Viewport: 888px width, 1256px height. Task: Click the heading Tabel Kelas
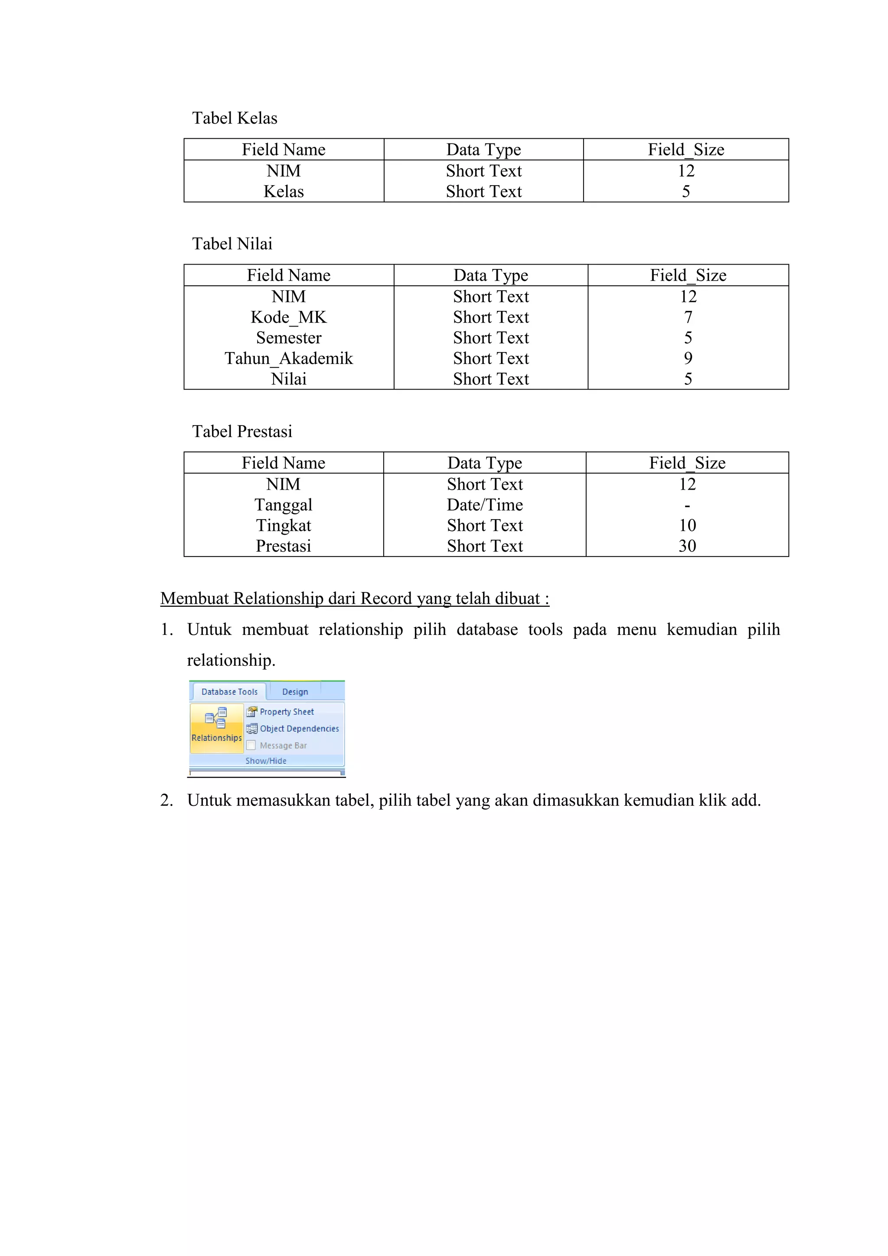coord(235,118)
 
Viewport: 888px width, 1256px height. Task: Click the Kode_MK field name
coord(288,317)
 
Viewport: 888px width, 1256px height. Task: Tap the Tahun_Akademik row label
coord(288,358)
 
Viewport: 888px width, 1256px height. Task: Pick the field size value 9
coord(688,358)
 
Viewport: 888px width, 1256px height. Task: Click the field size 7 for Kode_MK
coord(688,317)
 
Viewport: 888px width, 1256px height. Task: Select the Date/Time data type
coord(484,505)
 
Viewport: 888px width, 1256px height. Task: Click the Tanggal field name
coord(283,505)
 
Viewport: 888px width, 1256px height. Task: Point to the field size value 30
coord(687,546)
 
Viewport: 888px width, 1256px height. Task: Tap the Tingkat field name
coord(283,526)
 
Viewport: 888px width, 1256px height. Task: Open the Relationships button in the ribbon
coord(216,728)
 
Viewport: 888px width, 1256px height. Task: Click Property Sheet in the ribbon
coord(286,712)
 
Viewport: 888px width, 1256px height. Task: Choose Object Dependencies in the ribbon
coord(299,729)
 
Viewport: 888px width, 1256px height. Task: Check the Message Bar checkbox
coord(251,745)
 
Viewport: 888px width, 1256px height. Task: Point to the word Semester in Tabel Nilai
coord(288,338)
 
